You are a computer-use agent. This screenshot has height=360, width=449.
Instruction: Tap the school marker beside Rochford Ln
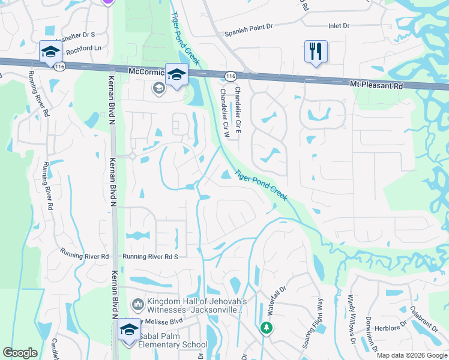pyautogui.click(x=51, y=52)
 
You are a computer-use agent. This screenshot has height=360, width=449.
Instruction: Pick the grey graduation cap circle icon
pyautogui.click(x=158, y=89)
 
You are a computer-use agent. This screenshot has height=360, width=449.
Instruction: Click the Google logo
pyautogui.click(x=20, y=353)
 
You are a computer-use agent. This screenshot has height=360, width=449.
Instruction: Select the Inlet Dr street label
pyautogui.click(x=339, y=26)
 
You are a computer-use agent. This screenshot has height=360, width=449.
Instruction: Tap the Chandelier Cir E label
pyautogui.click(x=238, y=110)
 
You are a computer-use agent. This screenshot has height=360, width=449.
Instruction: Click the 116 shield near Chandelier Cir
pyautogui.click(x=231, y=75)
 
